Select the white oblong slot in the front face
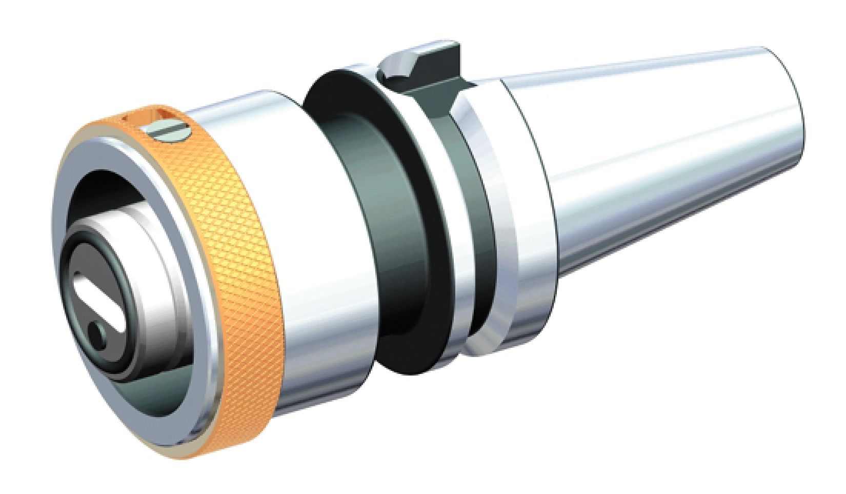coord(100,303)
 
